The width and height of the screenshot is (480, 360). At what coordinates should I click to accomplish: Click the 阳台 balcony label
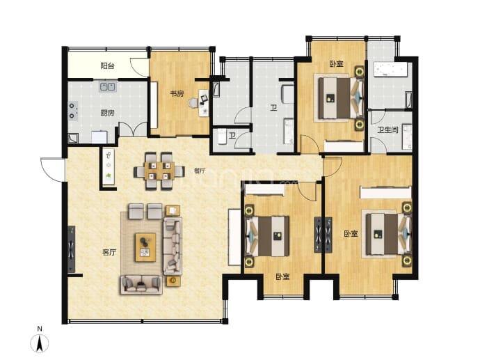point(107,66)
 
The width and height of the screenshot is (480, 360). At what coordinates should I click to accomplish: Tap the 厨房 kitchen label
point(107,113)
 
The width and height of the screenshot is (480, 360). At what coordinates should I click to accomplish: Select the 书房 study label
point(177,93)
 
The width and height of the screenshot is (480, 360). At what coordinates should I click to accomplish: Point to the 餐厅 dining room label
point(200,171)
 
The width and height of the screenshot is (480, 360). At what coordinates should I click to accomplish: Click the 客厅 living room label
point(109,253)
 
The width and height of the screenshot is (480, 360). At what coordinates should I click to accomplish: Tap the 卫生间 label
point(387,130)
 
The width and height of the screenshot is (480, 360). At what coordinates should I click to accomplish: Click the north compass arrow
point(40,343)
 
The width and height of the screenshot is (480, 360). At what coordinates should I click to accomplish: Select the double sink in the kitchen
point(108,86)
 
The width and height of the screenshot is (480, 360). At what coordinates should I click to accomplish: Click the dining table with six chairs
point(159,171)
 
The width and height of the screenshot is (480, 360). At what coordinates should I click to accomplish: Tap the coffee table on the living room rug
point(145,247)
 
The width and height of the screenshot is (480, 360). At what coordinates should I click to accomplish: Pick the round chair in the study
point(193,103)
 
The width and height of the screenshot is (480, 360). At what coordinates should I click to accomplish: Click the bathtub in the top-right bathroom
point(390,69)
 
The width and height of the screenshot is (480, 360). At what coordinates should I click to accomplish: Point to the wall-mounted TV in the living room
point(72,249)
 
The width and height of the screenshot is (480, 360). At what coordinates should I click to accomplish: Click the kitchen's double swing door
point(133,129)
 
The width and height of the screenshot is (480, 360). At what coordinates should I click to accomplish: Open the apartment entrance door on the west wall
point(52,169)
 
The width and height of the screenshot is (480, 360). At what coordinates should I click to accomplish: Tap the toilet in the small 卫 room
point(221,136)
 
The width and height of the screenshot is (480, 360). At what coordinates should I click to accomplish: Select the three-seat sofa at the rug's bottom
point(141,285)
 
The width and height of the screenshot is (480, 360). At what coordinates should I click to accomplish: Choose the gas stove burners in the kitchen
point(73,111)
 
